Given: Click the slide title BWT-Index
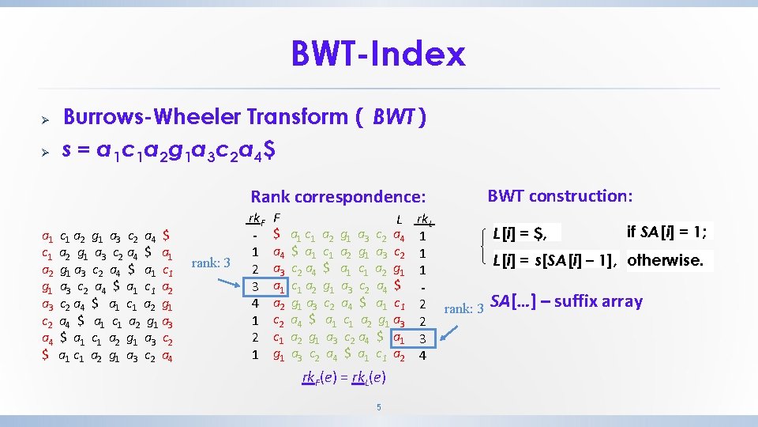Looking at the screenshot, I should point(378,54).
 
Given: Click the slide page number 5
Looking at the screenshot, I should point(379,407).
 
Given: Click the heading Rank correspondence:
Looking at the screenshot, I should point(338,197).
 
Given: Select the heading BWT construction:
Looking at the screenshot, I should point(560,195).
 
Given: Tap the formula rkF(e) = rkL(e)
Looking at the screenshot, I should point(343,377).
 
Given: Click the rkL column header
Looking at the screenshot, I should point(423,219).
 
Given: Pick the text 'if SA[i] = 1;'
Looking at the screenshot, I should point(668,232).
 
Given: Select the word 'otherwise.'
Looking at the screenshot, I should point(665,259).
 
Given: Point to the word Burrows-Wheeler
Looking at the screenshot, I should point(152,117).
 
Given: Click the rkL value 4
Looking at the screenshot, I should point(423,355).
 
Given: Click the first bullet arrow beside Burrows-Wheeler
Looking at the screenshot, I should point(46,118).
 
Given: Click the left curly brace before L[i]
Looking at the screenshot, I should point(482,246).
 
